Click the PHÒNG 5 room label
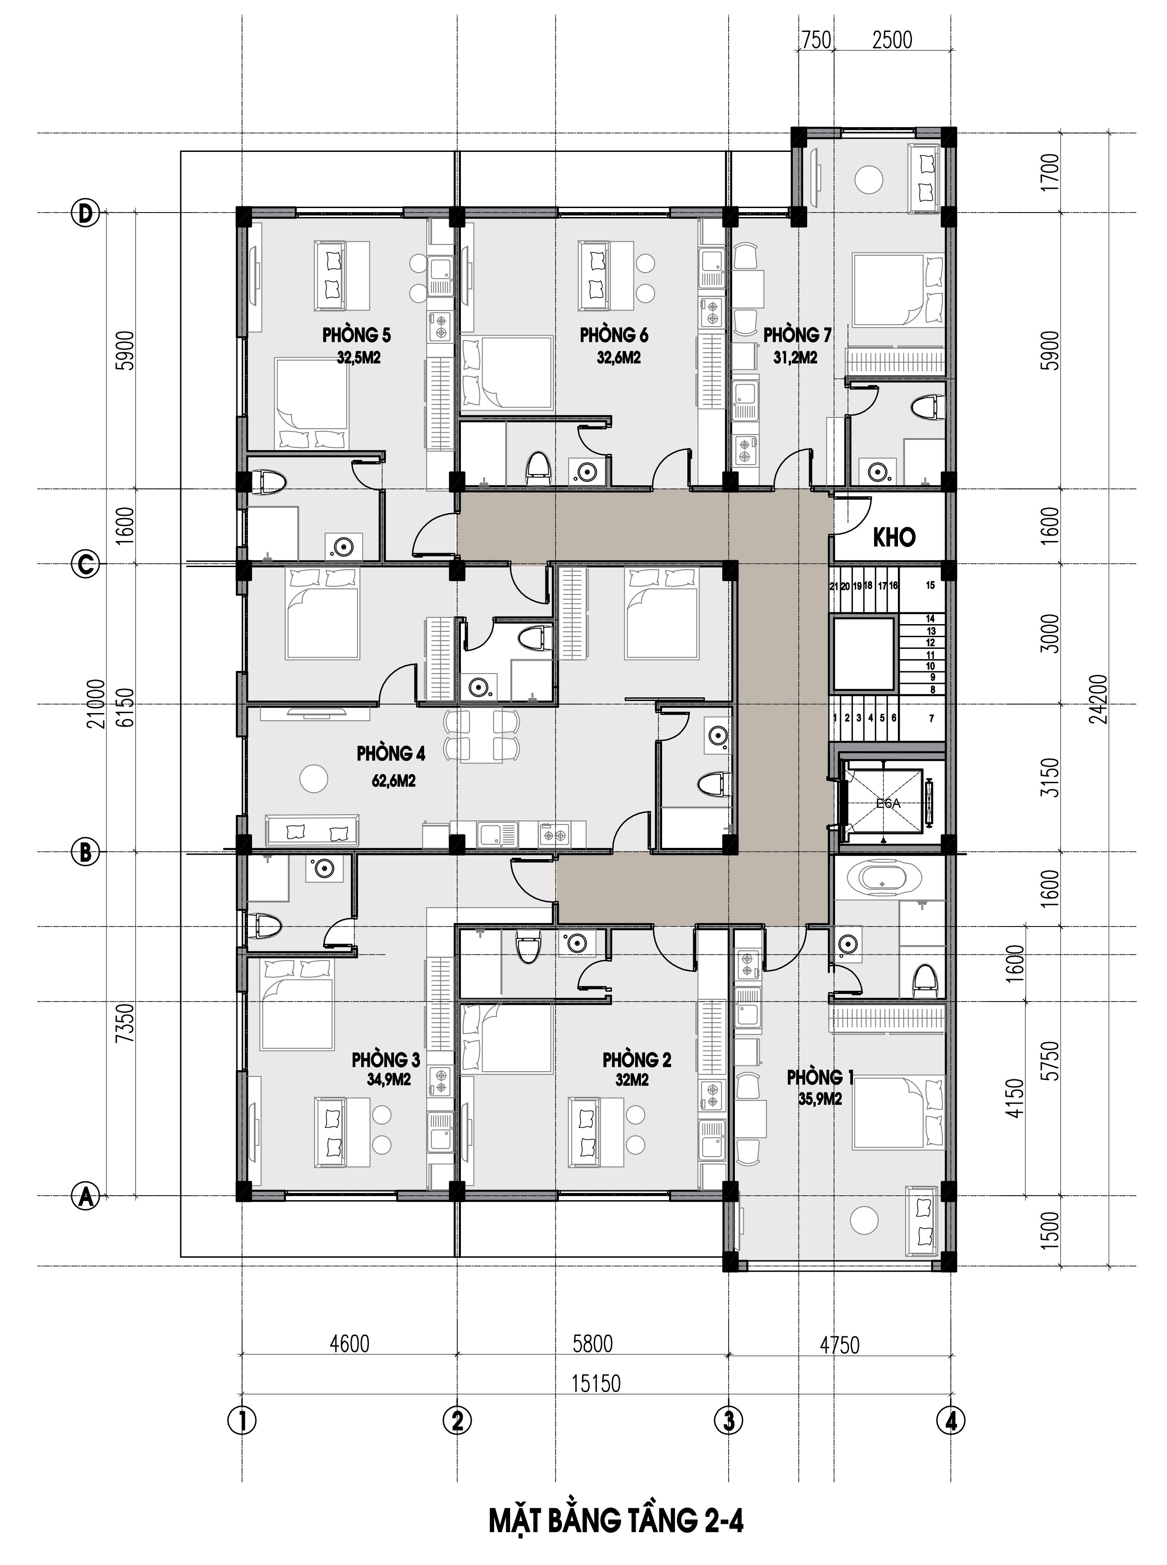[x=356, y=334]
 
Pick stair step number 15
[x=930, y=585]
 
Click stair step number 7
[x=932, y=718]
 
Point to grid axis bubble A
[x=85, y=1196]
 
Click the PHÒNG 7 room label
[x=797, y=334]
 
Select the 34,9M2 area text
[x=389, y=1080]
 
